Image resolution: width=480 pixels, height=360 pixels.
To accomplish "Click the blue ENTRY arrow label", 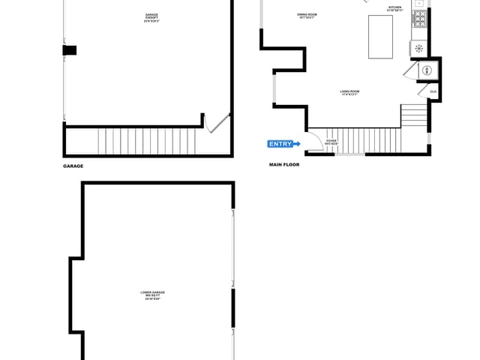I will [x=283, y=144].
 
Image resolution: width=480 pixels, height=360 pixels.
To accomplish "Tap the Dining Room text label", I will [x=307, y=16].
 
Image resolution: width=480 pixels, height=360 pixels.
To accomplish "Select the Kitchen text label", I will [x=394, y=9].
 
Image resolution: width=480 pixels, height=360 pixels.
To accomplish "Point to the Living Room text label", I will [x=349, y=93].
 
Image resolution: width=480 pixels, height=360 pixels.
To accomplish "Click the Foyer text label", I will [x=331, y=141].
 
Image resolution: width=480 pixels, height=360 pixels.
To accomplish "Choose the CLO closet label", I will [x=433, y=91].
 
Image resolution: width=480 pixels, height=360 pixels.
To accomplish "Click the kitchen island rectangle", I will [x=380, y=37].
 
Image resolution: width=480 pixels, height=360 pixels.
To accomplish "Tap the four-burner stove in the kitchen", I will [x=419, y=19].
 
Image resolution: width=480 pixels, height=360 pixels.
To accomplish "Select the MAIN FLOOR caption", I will [x=284, y=164].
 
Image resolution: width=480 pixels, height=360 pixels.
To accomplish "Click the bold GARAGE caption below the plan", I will [x=73, y=166].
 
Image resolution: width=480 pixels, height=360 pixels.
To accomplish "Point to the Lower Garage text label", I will [x=152, y=295].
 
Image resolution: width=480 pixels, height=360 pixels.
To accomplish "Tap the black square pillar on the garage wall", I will [x=70, y=50].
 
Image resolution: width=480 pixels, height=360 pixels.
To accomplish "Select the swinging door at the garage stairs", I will [x=217, y=123].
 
